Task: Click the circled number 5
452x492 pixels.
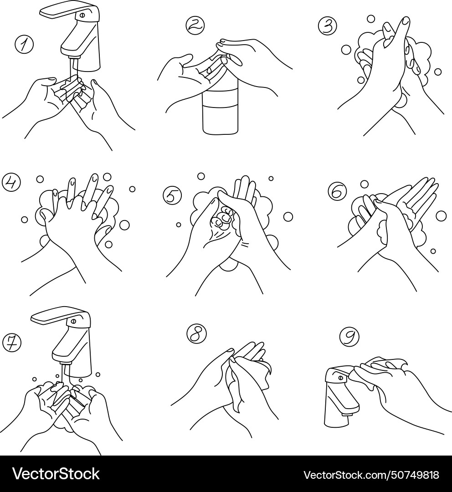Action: [172, 195]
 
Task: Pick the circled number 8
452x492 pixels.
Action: [196, 334]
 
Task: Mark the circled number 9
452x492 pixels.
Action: [349, 337]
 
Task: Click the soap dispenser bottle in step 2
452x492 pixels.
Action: [221, 109]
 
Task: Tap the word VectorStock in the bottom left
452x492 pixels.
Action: [56, 474]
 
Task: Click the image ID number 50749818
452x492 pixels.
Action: [414, 475]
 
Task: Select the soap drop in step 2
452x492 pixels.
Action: [208, 70]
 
